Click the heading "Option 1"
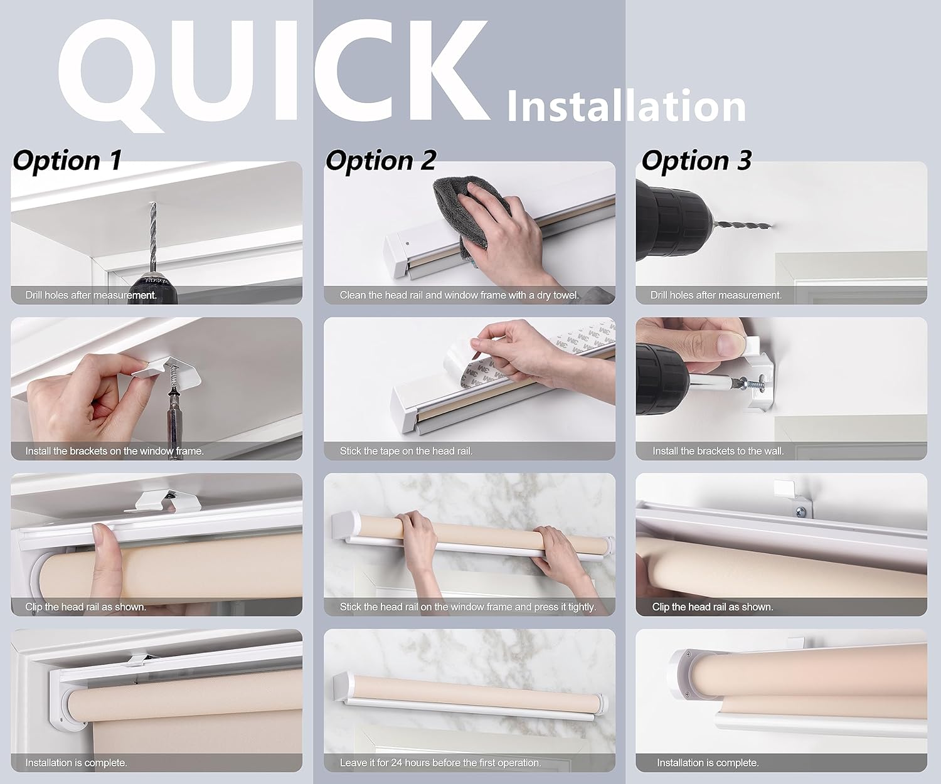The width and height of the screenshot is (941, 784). point(67,160)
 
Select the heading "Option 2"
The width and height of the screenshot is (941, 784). point(381,160)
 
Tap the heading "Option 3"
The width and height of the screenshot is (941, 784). point(696,160)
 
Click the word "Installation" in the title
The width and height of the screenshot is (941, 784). point(627,106)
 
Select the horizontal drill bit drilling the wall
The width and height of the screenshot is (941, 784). point(742,224)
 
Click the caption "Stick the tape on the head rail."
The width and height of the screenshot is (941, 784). point(406,451)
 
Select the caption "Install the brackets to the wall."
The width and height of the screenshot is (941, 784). point(718,451)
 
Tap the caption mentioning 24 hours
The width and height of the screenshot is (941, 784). point(440,763)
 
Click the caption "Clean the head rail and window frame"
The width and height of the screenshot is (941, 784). point(459,295)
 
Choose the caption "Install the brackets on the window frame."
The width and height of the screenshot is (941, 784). point(114,451)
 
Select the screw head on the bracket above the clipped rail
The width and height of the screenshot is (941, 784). point(801,512)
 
